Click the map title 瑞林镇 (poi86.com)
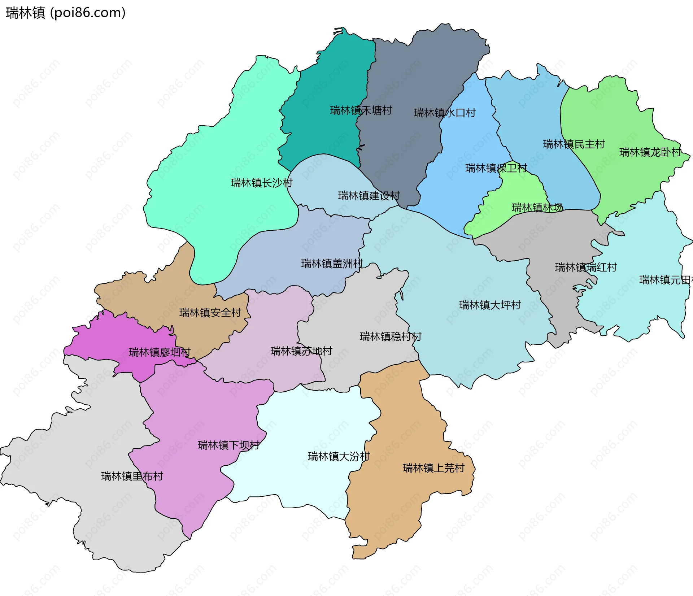65,13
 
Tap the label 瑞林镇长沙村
261,183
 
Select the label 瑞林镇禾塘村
361,110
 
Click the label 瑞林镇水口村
444,113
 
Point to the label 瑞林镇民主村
574,144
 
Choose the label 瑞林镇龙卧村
650,152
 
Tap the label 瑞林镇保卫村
496,168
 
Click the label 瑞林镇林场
537,208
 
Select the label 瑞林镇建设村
369,196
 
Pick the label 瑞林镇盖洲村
332,264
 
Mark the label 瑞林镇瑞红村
585,267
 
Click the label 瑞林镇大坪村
489,305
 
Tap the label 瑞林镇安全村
210,313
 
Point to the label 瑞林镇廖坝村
159,352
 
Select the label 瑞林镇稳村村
390,337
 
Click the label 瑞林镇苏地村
301,351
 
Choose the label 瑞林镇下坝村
228,445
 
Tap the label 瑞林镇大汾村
339,457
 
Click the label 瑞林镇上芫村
433,468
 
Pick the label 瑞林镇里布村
132,477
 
